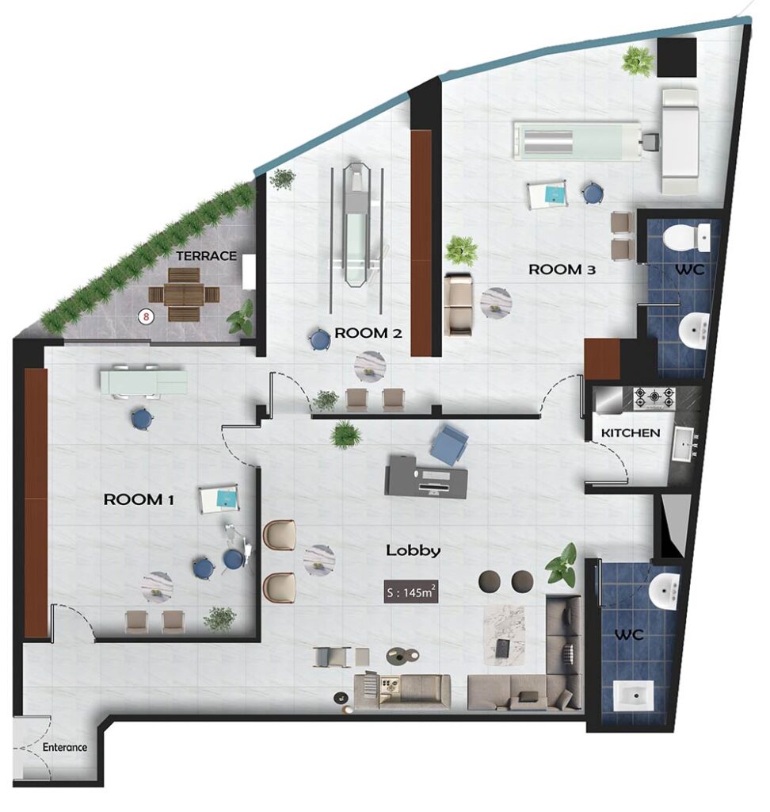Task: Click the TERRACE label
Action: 206,256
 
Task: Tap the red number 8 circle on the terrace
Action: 147,316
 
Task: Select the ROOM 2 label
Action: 368,333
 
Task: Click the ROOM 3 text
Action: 562,270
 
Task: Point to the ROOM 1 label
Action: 139,500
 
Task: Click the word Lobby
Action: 414,550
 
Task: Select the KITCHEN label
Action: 631,432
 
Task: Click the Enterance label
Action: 65,747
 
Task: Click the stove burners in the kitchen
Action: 654,398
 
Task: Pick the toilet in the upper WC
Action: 687,237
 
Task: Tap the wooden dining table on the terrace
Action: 184,294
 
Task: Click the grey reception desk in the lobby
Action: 425,476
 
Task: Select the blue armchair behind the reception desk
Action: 448,444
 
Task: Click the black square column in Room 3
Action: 677,58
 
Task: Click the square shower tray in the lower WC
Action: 634,695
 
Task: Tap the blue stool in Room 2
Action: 319,340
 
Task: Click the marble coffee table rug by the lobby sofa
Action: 504,635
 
